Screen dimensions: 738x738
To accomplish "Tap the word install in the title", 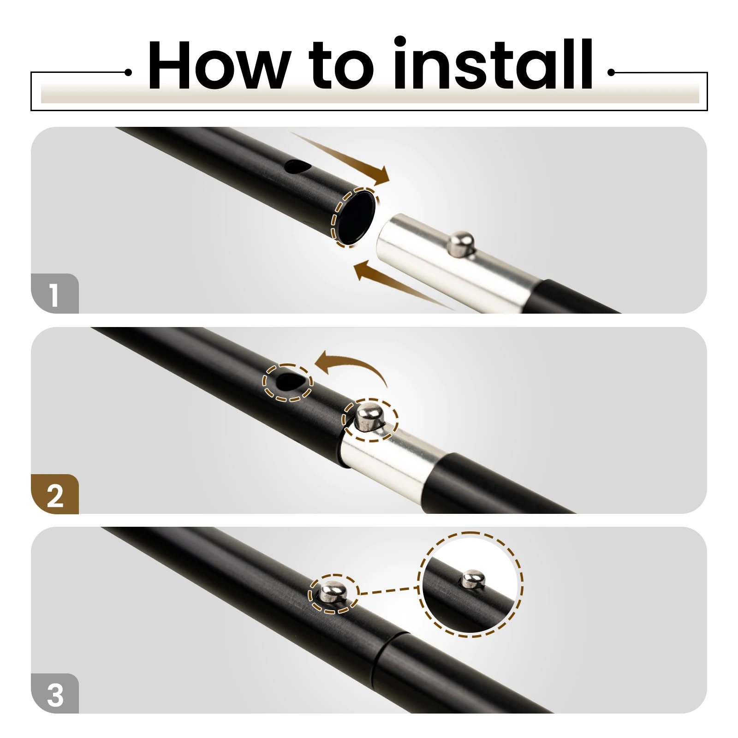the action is pyautogui.click(x=493, y=64).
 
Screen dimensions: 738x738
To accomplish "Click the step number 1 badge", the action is pyautogui.click(x=55, y=294).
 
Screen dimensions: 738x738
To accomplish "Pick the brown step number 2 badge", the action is pyautogui.click(x=55, y=494).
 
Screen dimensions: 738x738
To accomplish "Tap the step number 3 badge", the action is pyautogui.click(x=55, y=694).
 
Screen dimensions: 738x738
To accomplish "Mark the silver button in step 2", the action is pyautogui.click(x=369, y=417).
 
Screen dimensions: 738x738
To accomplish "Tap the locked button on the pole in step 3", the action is pyautogui.click(x=333, y=593).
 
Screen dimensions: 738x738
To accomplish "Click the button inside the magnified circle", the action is pyautogui.click(x=473, y=579).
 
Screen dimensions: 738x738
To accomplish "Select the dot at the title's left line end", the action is pyautogui.click(x=129, y=72).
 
